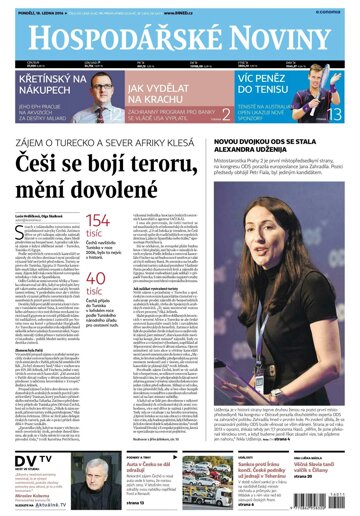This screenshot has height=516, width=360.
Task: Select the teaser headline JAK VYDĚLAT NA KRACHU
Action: tap(164, 92)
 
